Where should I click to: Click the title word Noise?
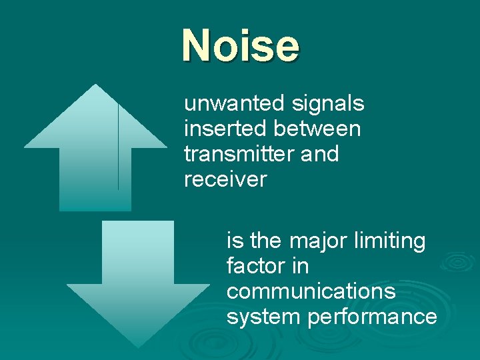(x=241, y=45)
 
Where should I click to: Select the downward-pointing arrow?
(x=138, y=280)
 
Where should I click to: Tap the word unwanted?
(x=234, y=104)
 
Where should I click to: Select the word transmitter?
(x=239, y=154)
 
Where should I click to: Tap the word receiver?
(x=225, y=179)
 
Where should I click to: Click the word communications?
(x=311, y=291)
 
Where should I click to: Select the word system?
(x=264, y=317)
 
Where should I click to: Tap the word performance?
(x=372, y=317)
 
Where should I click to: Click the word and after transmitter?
(x=320, y=154)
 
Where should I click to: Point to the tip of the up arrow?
(x=96, y=85)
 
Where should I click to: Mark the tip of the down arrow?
(x=139, y=346)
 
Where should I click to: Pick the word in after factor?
(x=300, y=266)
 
